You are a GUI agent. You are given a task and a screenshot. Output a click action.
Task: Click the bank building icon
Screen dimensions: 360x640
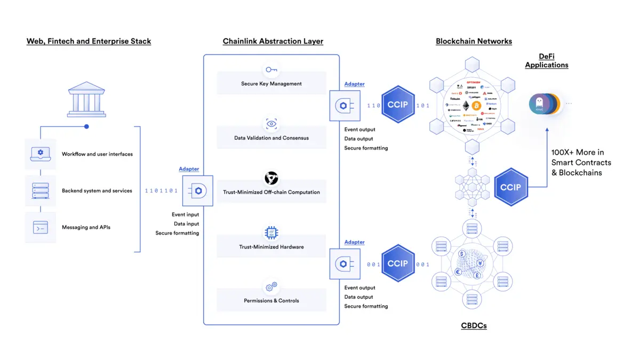[x=86, y=99]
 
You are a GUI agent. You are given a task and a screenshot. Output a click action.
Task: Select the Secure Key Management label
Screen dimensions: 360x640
[x=271, y=84]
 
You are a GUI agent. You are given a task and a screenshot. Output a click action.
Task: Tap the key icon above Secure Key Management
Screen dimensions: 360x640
[x=271, y=69]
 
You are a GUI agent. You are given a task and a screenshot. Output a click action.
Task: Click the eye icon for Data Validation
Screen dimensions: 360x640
[x=271, y=124]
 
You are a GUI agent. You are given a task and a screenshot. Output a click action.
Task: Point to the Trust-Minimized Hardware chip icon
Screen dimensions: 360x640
[x=271, y=233]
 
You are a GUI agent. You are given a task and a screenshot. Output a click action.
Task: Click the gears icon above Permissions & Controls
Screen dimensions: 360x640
[x=271, y=287]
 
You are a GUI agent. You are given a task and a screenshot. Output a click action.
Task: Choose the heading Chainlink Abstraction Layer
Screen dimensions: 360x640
[x=273, y=41]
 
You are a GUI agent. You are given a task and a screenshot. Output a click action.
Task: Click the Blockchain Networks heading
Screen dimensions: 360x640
[x=474, y=41]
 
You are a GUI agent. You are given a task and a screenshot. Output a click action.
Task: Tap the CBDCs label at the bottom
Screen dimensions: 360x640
[x=474, y=325]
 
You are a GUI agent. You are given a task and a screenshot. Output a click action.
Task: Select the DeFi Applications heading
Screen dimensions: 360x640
[x=546, y=61]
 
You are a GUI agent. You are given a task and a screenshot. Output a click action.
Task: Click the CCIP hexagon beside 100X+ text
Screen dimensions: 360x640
[x=510, y=187]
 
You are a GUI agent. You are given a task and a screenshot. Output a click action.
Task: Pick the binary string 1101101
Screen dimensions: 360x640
[x=161, y=190]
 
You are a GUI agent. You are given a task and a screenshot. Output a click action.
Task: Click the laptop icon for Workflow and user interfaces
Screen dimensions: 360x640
[x=40, y=154]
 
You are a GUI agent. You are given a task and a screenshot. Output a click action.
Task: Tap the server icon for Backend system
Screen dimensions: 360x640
[x=40, y=190]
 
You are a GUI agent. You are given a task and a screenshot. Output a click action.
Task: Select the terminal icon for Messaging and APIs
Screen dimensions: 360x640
[x=40, y=227]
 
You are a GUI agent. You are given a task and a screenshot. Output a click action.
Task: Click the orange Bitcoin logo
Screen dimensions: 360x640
[x=476, y=106]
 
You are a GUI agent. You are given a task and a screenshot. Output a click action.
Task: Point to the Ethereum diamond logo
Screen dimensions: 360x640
[x=466, y=106]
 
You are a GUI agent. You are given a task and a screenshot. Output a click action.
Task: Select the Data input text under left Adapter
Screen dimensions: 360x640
[x=186, y=224]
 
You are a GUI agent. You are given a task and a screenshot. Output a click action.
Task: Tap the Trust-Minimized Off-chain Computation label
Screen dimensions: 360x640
[x=271, y=192]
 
